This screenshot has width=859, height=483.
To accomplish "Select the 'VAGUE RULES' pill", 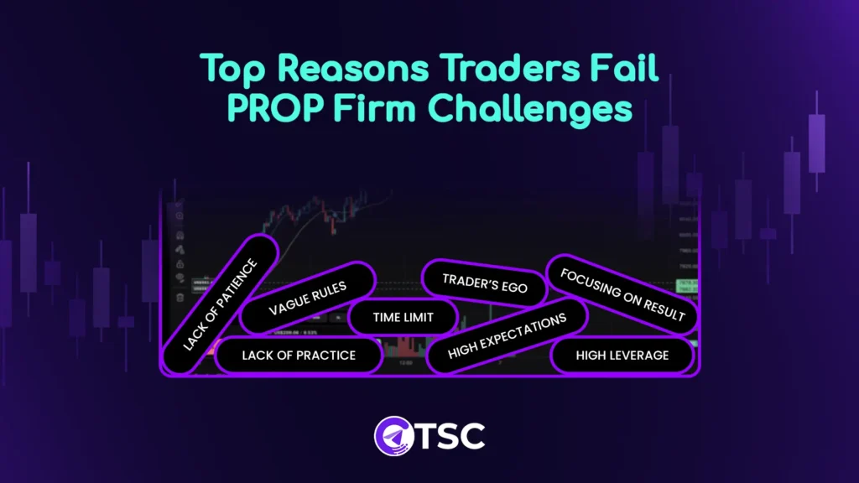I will point(307,298).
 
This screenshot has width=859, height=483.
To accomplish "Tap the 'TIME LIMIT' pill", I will point(403,319).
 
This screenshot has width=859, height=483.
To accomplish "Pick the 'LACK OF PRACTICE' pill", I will point(299,356).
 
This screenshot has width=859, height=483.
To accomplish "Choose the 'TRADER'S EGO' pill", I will point(485,283).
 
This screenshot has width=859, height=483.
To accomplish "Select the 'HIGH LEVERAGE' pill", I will point(622,356).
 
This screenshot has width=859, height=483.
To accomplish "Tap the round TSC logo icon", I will point(390,434).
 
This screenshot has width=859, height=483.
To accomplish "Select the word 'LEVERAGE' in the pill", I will point(637,356).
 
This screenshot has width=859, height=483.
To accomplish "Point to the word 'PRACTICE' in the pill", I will point(323,356).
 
